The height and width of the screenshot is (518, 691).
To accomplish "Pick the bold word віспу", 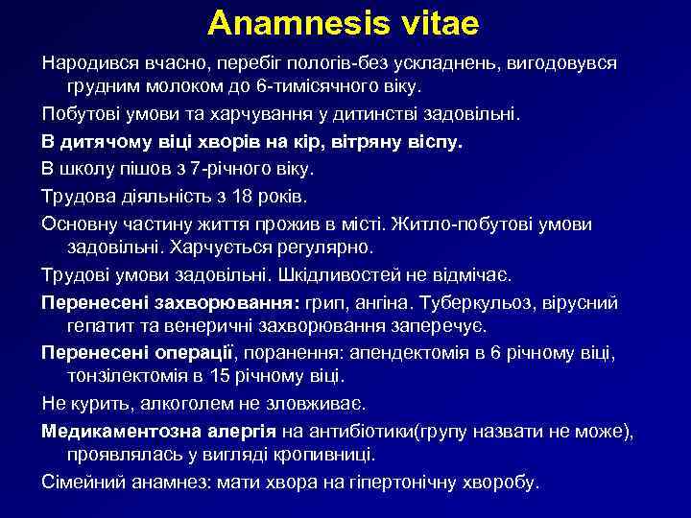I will pos(430,143).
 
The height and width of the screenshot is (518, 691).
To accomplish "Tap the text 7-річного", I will pos(203,168).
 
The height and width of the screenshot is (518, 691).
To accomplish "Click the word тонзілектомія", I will pos(129,377).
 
